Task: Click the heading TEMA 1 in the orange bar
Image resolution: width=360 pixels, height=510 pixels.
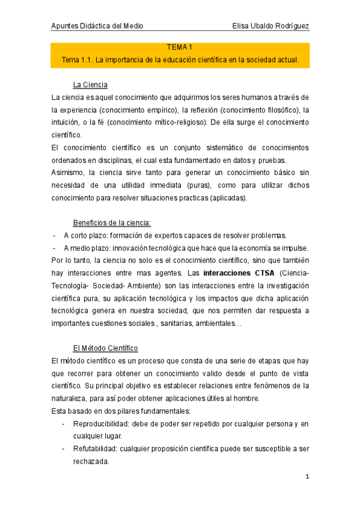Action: click(x=180, y=48)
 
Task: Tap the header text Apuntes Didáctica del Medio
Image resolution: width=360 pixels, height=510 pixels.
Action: click(x=97, y=26)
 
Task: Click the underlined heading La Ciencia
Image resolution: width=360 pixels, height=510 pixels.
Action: click(x=90, y=84)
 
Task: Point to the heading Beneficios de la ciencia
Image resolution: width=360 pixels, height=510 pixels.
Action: click(x=112, y=222)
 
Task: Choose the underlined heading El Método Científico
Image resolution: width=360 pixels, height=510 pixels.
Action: click(x=105, y=348)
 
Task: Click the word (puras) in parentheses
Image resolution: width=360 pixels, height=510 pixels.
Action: click(x=216, y=186)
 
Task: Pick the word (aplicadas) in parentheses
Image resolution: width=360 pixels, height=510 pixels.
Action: click(x=228, y=198)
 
